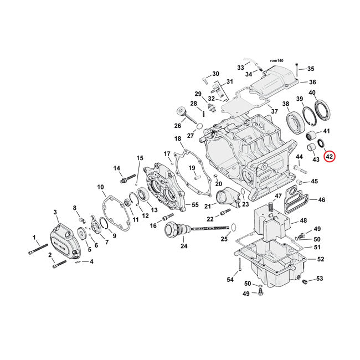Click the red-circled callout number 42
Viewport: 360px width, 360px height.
coord(329,157)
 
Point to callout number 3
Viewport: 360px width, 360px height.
coord(55,212)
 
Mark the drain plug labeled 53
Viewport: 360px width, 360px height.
coord(305,282)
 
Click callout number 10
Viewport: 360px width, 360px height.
coord(101,187)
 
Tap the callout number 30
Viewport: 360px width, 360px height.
coord(215,74)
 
